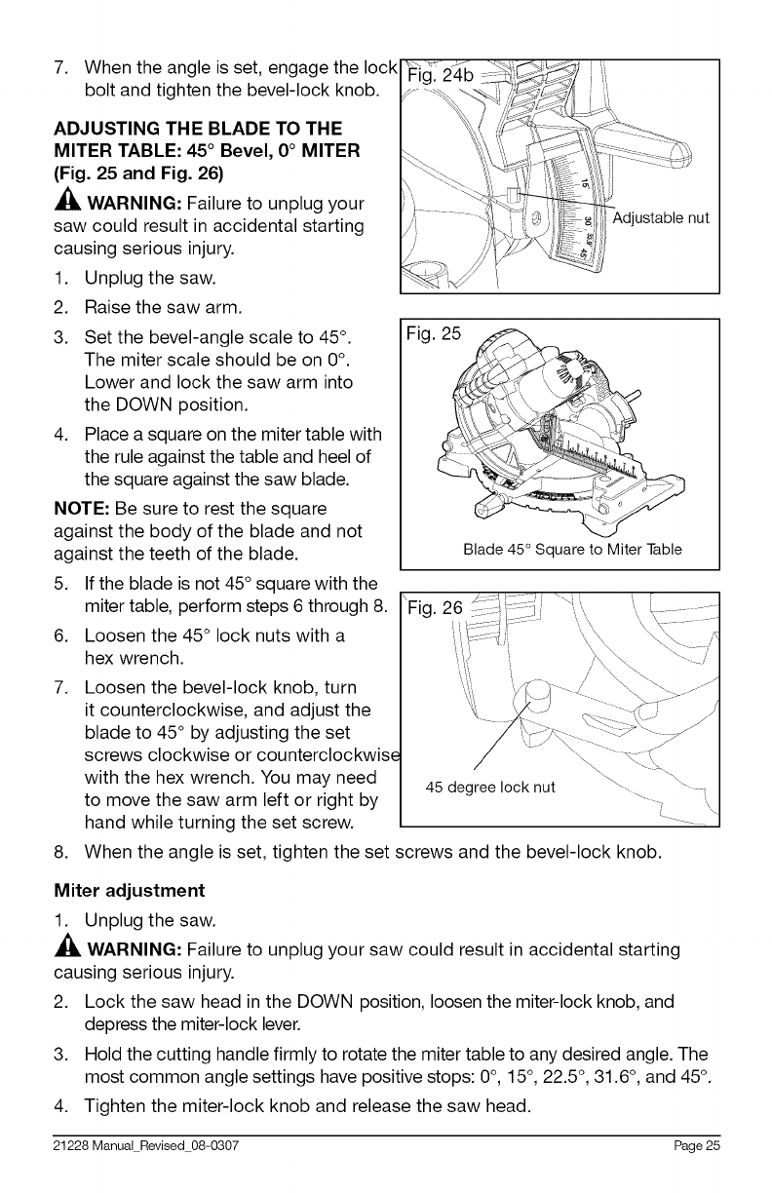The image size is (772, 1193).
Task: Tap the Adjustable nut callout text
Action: (x=660, y=217)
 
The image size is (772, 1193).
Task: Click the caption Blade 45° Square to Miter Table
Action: (x=572, y=550)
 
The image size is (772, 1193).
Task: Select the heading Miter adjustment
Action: (x=129, y=891)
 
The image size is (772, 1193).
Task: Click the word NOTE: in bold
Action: (x=81, y=509)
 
